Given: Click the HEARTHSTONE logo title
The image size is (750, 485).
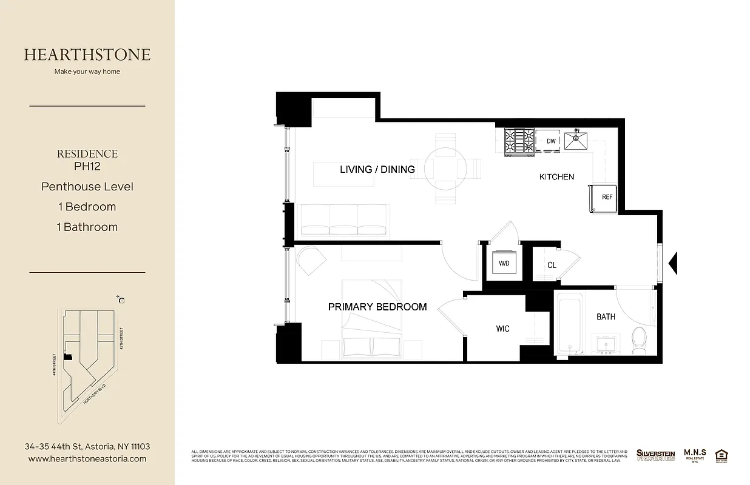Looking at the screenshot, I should click(87, 55).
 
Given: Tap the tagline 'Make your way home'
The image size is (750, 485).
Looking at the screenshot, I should click(87, 72).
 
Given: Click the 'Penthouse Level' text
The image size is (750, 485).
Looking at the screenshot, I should click(87, 186).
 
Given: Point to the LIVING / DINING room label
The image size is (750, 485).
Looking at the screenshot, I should click(377, 169).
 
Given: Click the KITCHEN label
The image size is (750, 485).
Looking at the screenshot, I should click(556, 177).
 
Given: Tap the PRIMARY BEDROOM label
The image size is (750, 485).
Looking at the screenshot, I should click(377, 307).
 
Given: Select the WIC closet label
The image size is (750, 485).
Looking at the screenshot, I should click(502, 329).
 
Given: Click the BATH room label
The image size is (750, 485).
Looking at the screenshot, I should click(605, 316).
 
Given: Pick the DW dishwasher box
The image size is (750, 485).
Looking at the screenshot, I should click(551, 141).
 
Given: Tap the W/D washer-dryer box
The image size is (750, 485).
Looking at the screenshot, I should click(504, 264).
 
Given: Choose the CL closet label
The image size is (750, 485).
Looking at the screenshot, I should click(551, 266).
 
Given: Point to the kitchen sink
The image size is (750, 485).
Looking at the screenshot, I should click(576, 141).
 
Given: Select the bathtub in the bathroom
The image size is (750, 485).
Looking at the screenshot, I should click(570, 324).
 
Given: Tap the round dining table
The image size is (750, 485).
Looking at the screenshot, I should click(445, 169).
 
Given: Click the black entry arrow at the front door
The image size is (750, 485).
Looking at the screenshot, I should click(672, 263).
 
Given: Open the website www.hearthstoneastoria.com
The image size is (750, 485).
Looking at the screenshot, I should click(87, 459).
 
